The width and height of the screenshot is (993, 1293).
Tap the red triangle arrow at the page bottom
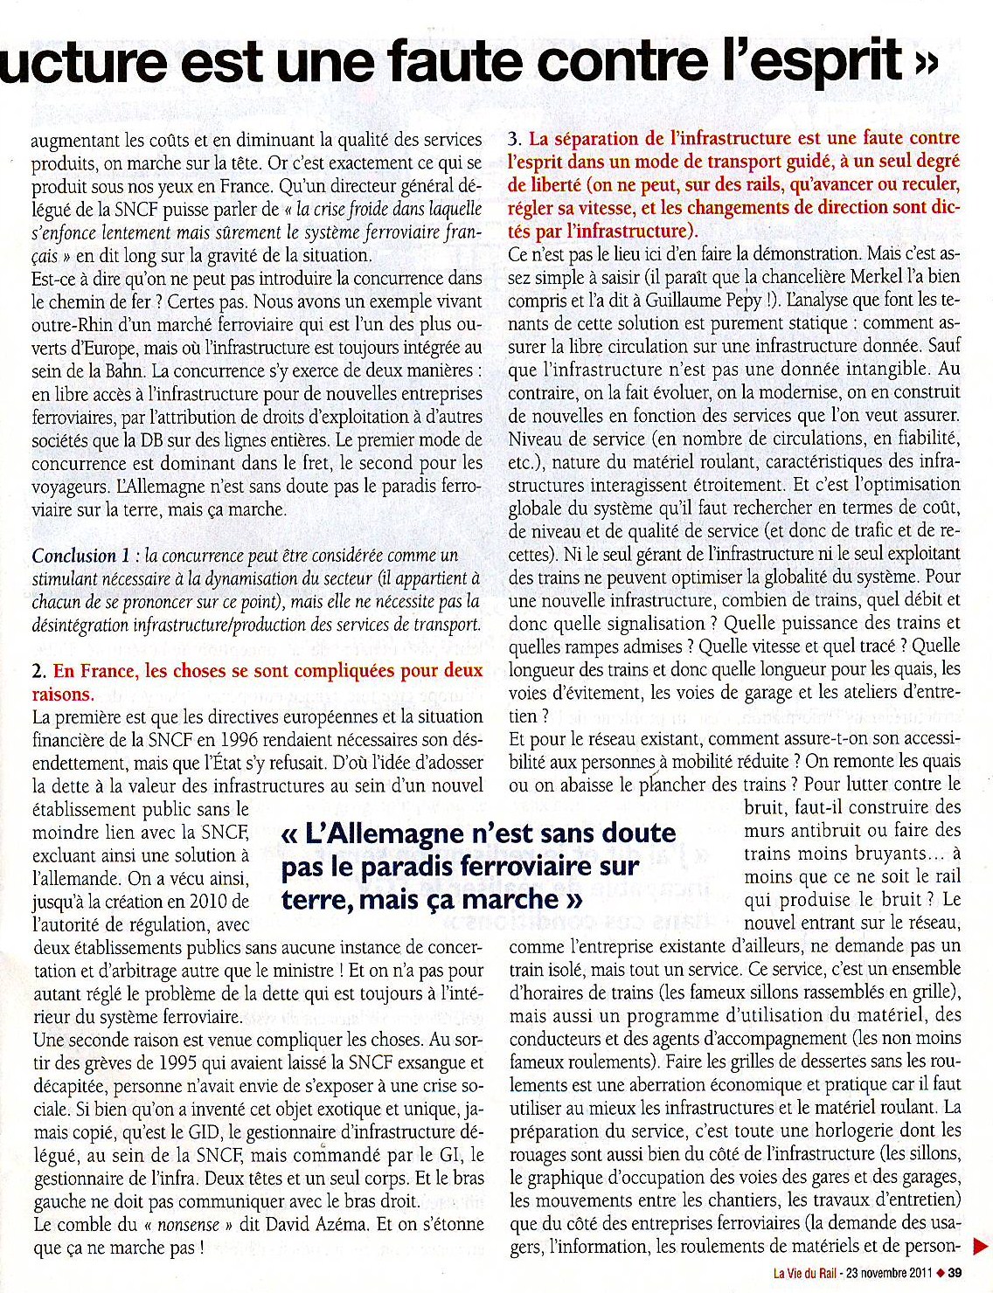coord(982,1243)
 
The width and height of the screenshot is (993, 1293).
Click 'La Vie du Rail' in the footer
coord(803,1272)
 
